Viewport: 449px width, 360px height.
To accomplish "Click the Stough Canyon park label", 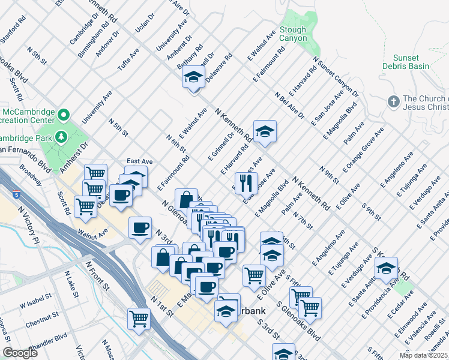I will [x=293, y=34].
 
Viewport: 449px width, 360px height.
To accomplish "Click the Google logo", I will [x=20, y=353].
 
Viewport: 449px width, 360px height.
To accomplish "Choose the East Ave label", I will [x=139, y=161].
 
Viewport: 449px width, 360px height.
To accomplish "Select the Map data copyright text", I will [x=423, y=355].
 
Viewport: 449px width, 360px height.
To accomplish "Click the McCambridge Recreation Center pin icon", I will [x=62, y=113].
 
